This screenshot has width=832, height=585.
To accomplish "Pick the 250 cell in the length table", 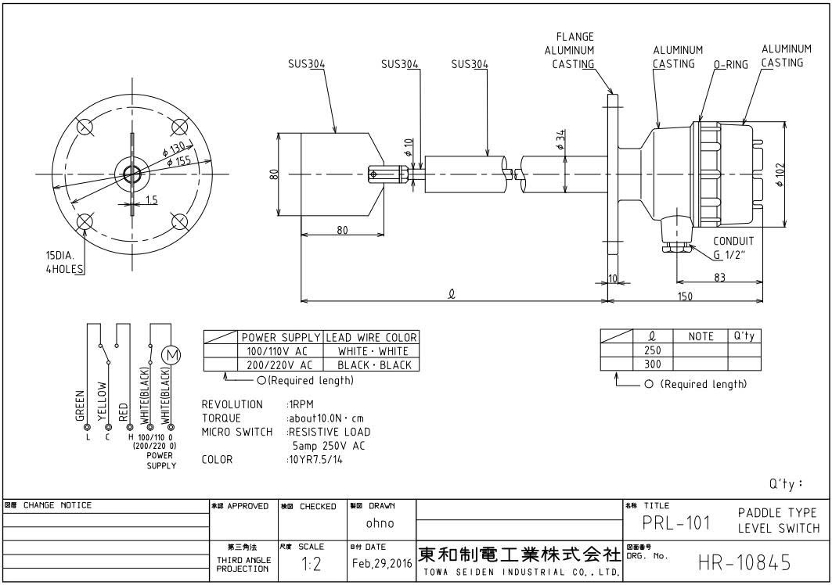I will pyautogui.click(x=651, y=350).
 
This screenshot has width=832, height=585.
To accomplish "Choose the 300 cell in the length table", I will pyautogui.click(x=651, y=364).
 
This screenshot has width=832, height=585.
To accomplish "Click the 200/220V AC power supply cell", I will pyautogui.click(x=279, y=364).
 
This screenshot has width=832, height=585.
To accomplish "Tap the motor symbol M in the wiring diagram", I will pyautogui.click(x=170, y=356).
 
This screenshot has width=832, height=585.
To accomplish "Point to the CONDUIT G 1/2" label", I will pyautogui.click(x=733, y=247).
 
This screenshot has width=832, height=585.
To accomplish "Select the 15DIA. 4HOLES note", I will pyautogui.click(x=63, y=261).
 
